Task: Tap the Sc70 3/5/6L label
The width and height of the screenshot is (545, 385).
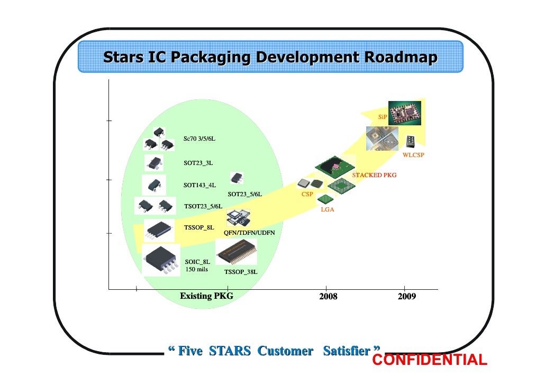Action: [x=199, y=139]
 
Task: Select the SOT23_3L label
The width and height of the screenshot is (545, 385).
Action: [x=198, y=163]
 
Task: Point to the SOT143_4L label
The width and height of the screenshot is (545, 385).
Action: [x=199, y=186]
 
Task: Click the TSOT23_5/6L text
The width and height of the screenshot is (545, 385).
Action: [x=203, y=206]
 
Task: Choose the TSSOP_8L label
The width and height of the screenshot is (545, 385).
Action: [x=198, y=227]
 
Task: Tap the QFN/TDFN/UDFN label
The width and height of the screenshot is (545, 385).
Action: [x=249, y=233]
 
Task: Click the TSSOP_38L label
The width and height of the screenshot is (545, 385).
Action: [x=241, y=272]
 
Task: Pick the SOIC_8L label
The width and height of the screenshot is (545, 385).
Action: [x=197, y=261]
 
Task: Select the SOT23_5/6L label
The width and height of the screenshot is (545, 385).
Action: [x=244, y=195]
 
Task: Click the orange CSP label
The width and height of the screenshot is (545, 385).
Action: [x=307, y=195]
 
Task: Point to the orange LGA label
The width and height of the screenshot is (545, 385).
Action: [x=328, y=210]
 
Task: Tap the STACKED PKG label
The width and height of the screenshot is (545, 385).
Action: [x=374, y=175]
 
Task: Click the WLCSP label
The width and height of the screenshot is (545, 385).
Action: [x=413, y=155]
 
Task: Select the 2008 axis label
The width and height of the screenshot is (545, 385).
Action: [x=328, y=297]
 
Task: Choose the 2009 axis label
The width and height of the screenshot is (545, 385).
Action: [x=407, y=297]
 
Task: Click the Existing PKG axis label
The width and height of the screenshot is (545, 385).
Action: [x=206, y=296]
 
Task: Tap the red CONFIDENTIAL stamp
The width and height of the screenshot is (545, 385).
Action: [x=430, y=361]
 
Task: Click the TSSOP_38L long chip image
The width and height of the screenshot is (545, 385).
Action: [x=237, y=252]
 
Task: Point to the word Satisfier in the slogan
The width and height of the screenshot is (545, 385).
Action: [x=347, y=351]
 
